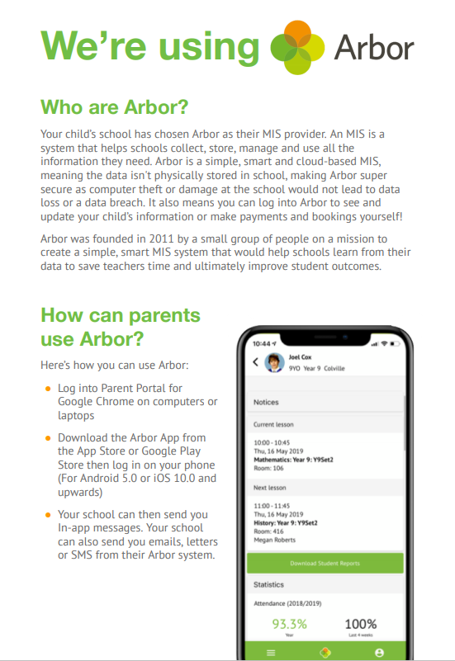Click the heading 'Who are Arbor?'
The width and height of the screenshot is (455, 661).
(114, 107)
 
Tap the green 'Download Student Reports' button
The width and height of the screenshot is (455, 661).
(325, 563)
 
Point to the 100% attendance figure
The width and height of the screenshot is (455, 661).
(360, 624)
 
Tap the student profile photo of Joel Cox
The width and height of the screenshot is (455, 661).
(274, 363)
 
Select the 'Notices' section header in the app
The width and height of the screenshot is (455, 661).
(266, 403)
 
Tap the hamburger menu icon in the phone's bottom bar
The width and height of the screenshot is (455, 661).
(270, 652)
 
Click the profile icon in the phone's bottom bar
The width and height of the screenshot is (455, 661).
(379, 652)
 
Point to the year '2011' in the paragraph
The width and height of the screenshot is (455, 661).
(136, 238)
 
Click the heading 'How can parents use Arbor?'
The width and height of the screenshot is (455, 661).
(121, 327)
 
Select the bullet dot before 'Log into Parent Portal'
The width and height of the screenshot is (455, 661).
(47, 388)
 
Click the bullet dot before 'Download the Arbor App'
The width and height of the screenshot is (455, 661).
(47, 437)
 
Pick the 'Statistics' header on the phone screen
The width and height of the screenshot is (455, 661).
(268, 584)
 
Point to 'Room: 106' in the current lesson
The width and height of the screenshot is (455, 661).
(269, 468)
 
